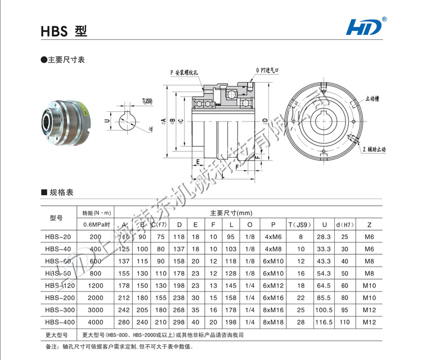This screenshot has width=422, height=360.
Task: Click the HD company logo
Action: pyautogui.click(x=366, y=26)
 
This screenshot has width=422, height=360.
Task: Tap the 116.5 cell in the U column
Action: pyautogui.click(x=322, y=322)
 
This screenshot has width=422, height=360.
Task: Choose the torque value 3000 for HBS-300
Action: pyautogui.click(x=96, y=310)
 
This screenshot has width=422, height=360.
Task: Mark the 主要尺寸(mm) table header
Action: pyautogui.click(x=231, y=213)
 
